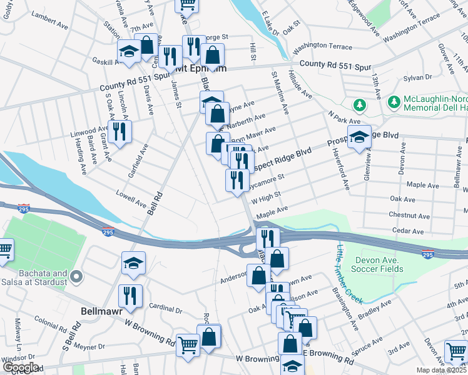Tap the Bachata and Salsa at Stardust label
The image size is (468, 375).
click(x=34, y=278)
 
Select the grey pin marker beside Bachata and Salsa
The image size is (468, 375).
click(x=76, y=276)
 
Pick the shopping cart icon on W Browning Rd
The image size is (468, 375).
click(x=188, y=345)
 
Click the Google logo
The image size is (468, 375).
click(x=21, y=367)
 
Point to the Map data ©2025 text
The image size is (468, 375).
click(x=440, y=370)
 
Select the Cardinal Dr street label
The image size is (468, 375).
click(x=166, y=308)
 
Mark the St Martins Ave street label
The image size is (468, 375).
click(x=280, y=91)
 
